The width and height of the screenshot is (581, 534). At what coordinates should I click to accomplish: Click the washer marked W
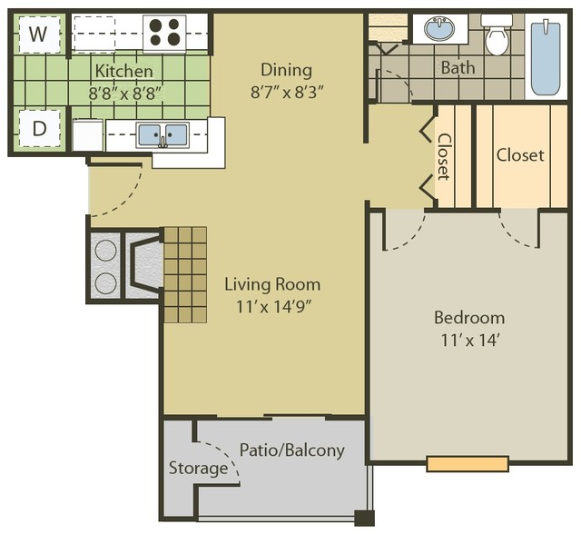click(x=39, y=35)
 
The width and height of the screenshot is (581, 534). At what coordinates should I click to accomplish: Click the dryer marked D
click(x=39, y=128)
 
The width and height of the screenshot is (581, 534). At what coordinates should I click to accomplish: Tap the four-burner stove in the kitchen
click(x=164, y=33)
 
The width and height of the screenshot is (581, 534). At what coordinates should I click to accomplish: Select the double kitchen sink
click(x=162, y=135)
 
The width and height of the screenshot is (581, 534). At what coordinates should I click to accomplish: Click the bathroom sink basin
click(x=439, y=28)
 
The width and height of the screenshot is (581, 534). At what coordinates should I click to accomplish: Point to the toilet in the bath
click(x=497, y=35)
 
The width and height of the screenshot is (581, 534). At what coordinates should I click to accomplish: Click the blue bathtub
click(x=546, y=58)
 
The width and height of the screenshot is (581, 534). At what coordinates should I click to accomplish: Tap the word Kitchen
click(x=124, y=71)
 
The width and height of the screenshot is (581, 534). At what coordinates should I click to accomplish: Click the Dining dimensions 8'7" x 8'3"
click(x=287, y=93)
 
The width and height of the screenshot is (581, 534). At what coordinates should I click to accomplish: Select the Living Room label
click(x=272, y=284)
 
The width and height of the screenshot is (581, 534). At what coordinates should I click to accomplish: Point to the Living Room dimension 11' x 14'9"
click(x=273, y=306)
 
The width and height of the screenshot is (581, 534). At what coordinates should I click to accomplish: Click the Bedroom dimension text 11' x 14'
click(x=470, y=340)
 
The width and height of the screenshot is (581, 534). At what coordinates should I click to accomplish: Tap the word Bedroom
click(x=469, y=318)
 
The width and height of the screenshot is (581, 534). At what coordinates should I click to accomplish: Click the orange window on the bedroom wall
click(x=468, y=464)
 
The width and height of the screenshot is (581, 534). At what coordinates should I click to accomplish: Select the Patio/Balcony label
click(x=292, y=450)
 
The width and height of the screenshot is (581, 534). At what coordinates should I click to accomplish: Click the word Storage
click(x=198, y=468)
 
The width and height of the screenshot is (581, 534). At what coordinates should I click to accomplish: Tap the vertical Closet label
click(x=444, y=156)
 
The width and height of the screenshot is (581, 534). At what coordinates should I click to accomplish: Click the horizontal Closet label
click(x=520, y=155)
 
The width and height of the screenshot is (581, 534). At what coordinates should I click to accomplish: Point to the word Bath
click(x=458, y=68)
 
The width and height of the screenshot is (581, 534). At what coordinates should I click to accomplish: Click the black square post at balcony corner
click(x=364, y=518)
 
